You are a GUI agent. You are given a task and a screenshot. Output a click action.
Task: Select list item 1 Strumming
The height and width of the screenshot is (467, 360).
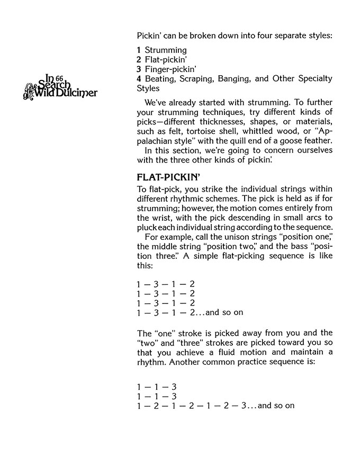click(x=161, y=50)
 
